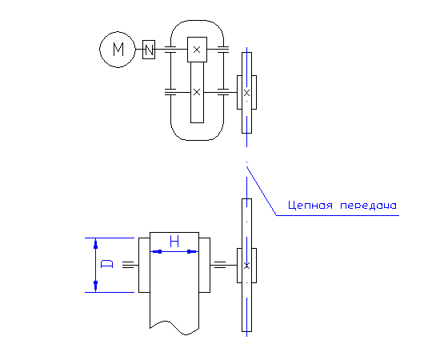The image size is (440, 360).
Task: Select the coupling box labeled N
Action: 149,50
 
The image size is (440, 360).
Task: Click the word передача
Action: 369,206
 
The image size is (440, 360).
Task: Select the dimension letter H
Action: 174,242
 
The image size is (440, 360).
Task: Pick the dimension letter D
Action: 106,264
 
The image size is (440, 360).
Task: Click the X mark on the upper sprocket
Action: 246,93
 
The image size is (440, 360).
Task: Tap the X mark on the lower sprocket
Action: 246,266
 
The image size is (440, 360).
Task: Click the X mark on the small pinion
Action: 197,50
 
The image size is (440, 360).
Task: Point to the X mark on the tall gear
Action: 197,92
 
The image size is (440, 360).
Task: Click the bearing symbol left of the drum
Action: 128,265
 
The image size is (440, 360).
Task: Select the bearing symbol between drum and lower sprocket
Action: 220,265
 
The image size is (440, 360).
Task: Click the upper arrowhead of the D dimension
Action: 96,243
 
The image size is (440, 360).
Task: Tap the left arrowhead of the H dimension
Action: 156,251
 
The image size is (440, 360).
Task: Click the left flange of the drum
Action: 144,265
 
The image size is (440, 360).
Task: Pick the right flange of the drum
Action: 205,265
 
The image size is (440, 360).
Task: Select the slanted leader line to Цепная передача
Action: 262,191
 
